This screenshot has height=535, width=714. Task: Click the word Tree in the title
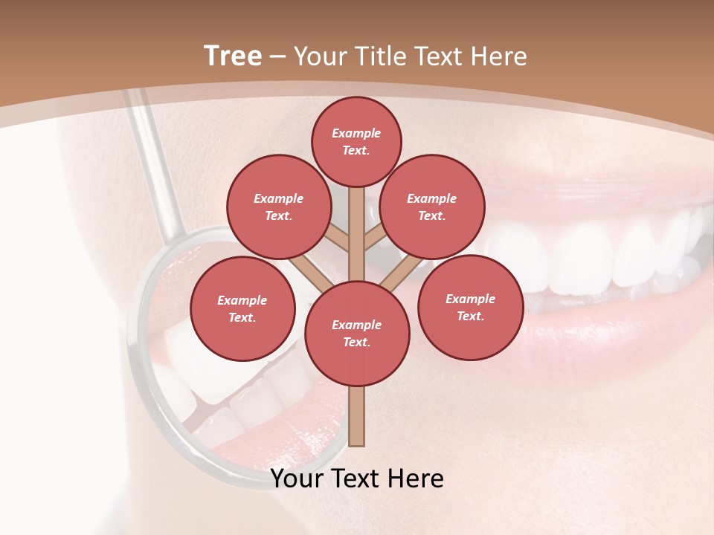[233, 56]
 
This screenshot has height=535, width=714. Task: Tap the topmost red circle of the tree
[356, 141]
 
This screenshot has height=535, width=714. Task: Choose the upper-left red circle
[278, 207]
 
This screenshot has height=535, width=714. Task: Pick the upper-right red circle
[431, 207]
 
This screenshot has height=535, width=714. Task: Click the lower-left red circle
[242, 308]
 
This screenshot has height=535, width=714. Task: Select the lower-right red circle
[470, 307]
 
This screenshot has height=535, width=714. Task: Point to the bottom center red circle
[356, 333]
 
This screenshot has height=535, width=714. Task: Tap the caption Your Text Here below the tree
[356, 479]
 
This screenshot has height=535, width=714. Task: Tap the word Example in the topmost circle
[356, 134]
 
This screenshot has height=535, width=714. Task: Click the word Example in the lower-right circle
[470, 299]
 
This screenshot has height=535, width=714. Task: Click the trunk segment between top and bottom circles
[356, 230]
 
